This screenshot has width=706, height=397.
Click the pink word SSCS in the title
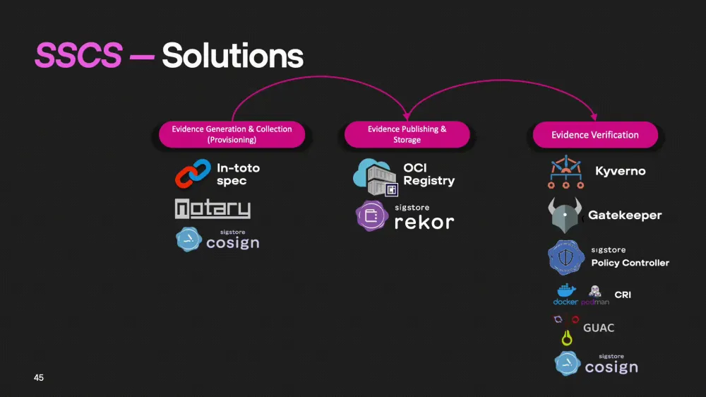[78, 55]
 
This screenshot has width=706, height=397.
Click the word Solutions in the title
[233, 55]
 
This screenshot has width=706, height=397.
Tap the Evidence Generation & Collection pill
[232, 134]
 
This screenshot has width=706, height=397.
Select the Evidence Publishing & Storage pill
[407, 134]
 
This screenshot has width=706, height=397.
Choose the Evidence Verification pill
[595, 135]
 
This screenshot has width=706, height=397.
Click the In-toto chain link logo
[193, 174]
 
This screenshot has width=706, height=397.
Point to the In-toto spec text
[238, 174]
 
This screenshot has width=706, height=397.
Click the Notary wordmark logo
[213, 209]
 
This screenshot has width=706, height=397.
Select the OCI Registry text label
[429, 174]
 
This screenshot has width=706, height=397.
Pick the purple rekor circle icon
[370, 215]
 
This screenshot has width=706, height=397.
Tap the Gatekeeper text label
[625, 215]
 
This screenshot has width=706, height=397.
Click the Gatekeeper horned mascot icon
[564, 214]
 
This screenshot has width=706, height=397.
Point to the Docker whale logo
[566, 290]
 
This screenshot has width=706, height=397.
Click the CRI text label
[623, 295]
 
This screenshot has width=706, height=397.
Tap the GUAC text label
[599, 328]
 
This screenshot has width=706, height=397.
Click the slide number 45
[39, 378]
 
